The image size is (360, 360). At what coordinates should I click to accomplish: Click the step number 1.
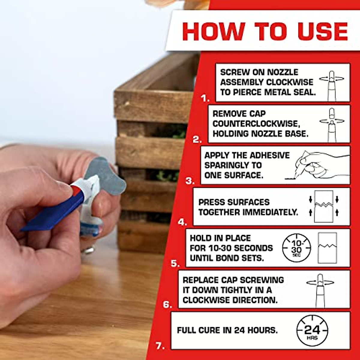(205, 98)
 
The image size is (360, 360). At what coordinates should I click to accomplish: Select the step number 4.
(182, 222)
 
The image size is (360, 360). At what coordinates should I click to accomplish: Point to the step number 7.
(160, 346)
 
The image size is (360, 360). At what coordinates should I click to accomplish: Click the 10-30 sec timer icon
(296, 248)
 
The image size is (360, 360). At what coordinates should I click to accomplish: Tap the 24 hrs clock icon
(312, 331)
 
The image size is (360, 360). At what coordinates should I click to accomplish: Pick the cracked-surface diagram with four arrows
(324, 207)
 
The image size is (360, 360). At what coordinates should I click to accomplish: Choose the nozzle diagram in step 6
(320, 289)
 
